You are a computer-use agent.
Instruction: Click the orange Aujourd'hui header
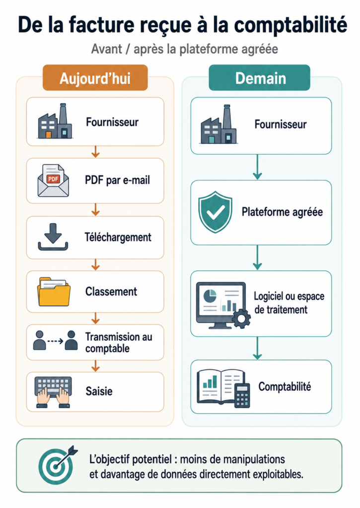pos(95,78)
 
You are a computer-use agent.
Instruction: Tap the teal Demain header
pos(260,78)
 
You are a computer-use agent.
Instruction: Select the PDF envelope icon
pos(53,181)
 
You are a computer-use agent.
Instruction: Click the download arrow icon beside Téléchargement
pos(53,237)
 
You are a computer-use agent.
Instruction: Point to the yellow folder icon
pos(54,292)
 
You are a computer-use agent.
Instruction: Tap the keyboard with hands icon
pos(53,392)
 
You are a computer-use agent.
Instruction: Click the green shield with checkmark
pos(216,212)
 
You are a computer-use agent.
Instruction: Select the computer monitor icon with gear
pos(223,305)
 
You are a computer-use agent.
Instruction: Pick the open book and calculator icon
pos(224,388)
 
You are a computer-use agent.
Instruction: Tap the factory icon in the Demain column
pos(219,125)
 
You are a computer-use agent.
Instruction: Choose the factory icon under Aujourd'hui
pos(55,121)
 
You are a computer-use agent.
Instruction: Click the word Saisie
pos(99,391)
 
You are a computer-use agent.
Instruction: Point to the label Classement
pos(111,292)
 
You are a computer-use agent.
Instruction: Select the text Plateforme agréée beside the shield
pos(282,212)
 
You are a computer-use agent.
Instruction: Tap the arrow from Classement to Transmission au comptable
pos(95,318)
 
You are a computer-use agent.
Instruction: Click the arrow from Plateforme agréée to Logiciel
pos(258,257)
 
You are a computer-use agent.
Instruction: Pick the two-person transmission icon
pos(56,340)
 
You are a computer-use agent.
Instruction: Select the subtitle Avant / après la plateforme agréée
pos(185,49)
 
